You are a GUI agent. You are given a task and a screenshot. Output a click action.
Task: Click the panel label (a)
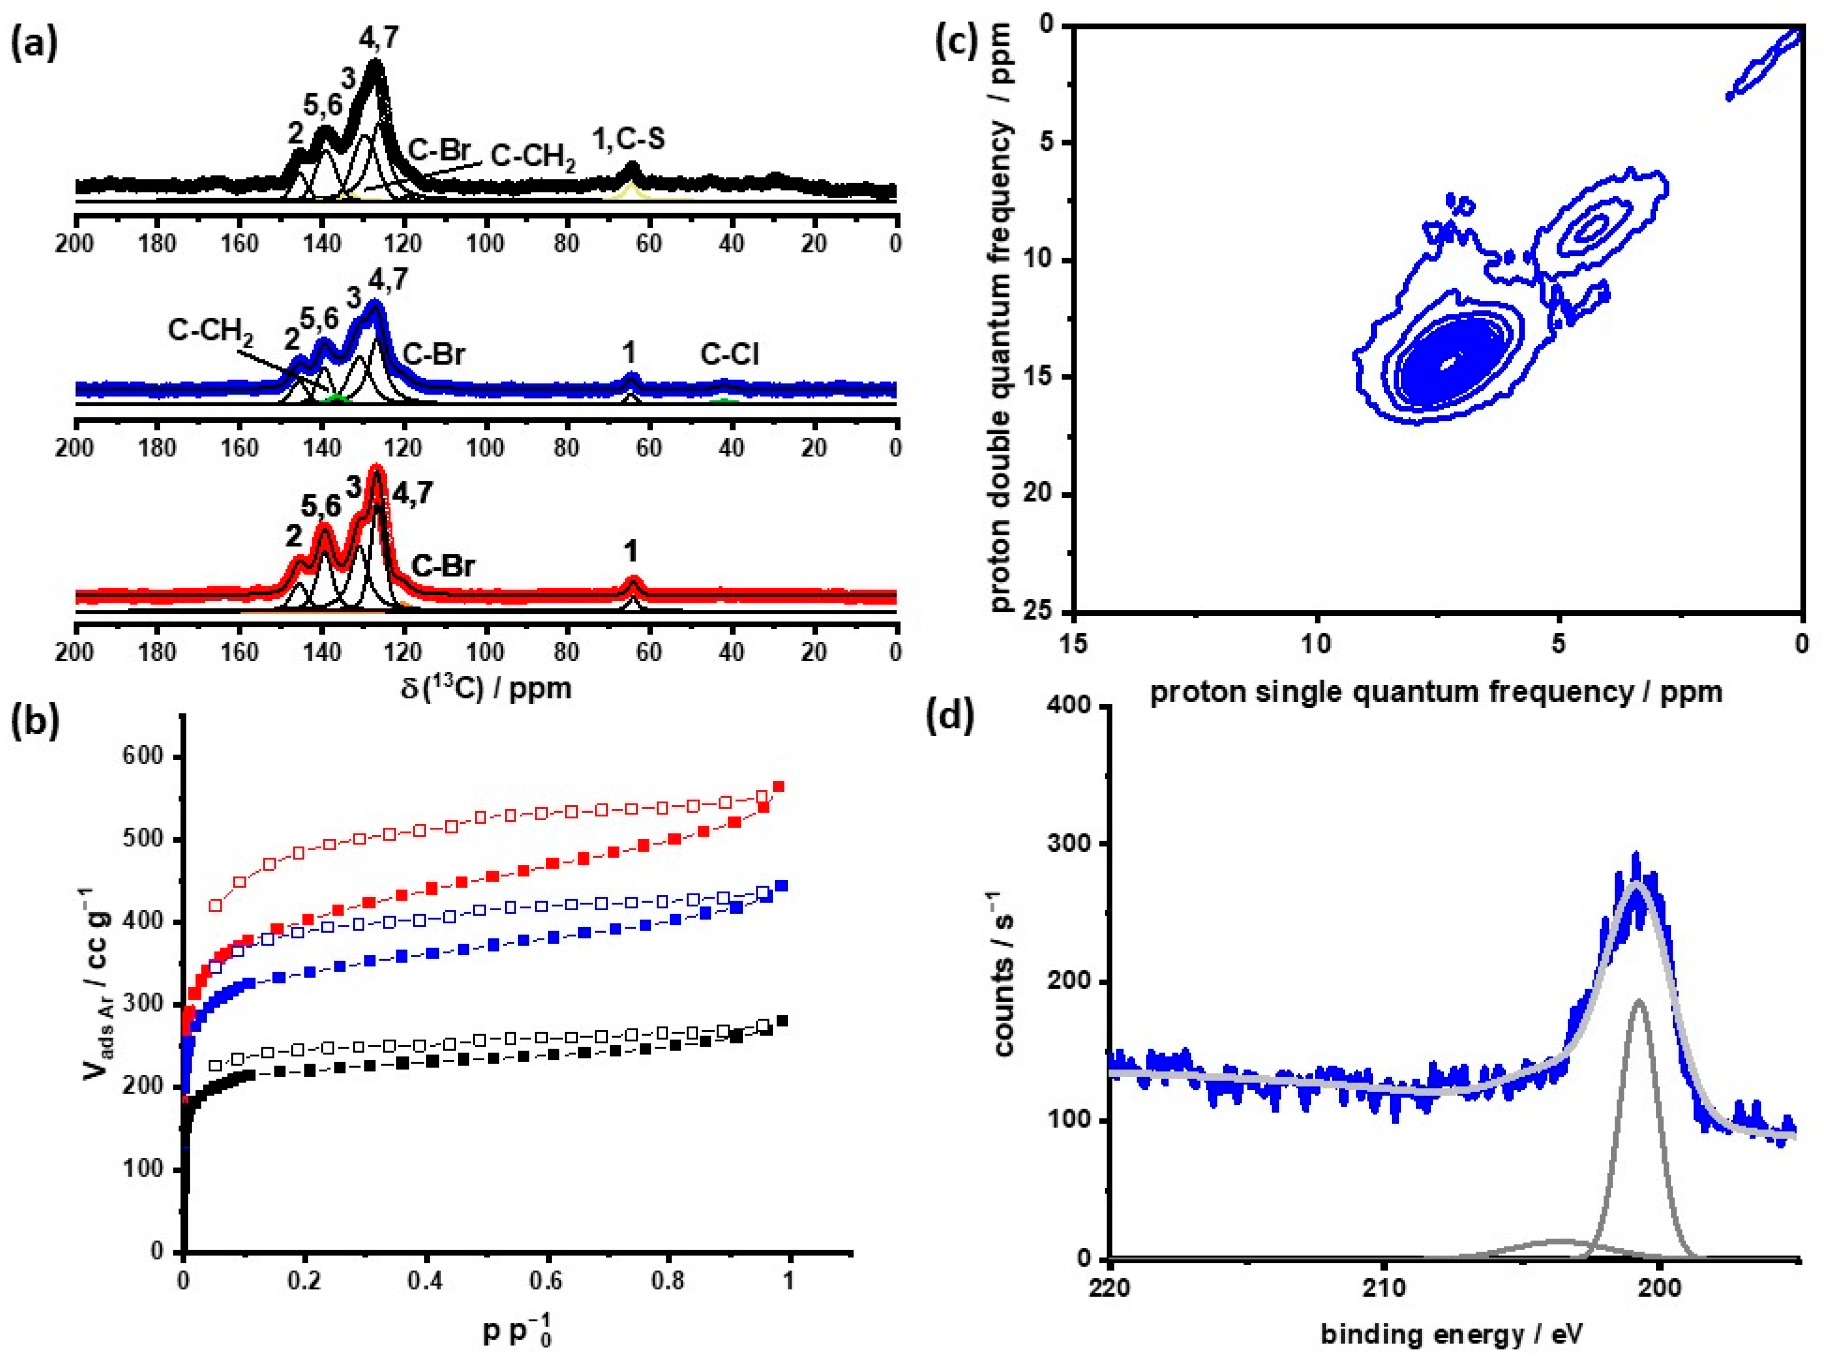[34, 43]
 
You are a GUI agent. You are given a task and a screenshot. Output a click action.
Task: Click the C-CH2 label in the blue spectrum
[210, 331]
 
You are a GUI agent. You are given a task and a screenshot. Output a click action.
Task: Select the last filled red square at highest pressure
[779, 786]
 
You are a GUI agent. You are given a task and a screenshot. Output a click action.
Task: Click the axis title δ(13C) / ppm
[487, 687]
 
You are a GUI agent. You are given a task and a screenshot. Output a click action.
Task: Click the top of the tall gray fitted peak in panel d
[1639, 1002]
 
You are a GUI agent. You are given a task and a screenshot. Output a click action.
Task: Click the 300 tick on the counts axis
[1069, 844]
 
